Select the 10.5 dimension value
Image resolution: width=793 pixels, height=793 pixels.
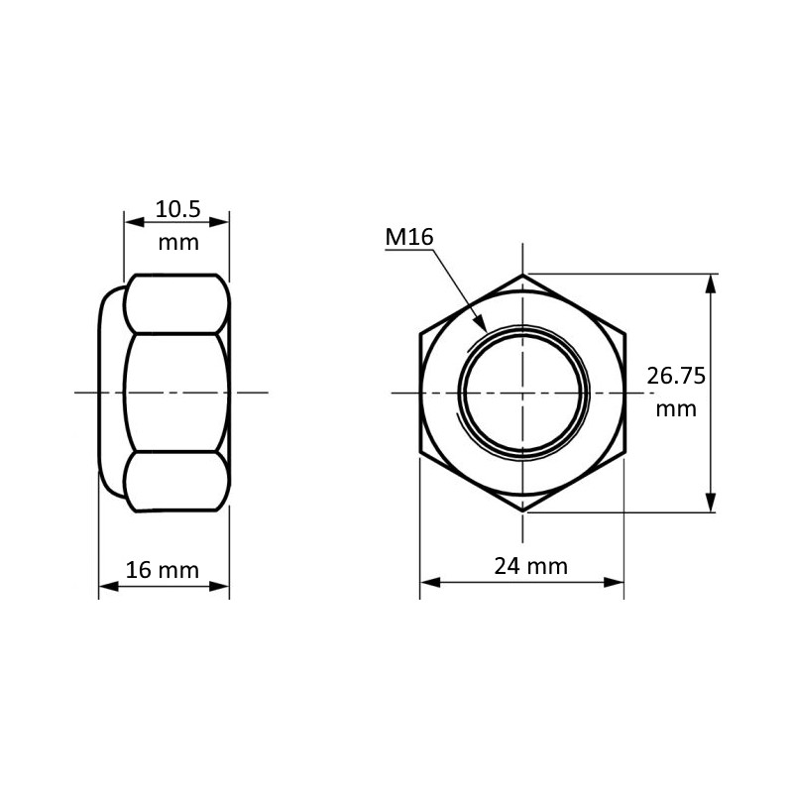[178, 209]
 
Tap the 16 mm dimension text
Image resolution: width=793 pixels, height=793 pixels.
[163, 570]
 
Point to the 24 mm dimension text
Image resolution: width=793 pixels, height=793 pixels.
[531, 566]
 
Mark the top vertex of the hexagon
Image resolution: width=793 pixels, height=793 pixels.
[522, 274]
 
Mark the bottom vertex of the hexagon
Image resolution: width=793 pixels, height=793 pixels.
[522, 511]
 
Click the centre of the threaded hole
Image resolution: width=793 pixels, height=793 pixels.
[522, 394]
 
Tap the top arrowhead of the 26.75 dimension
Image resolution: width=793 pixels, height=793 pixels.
[710, 282]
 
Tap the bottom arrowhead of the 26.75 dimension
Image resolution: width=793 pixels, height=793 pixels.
[710, 505]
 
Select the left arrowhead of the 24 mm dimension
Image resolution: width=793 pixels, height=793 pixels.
[428, 583]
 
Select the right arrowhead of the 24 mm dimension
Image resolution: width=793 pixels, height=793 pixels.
[616, 583]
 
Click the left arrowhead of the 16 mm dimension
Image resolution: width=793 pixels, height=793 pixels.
[106, 586]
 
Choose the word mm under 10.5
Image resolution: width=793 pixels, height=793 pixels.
[178, 242]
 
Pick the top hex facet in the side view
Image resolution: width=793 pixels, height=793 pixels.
[175, 303]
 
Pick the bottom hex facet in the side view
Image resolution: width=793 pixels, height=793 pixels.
[175, 482]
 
